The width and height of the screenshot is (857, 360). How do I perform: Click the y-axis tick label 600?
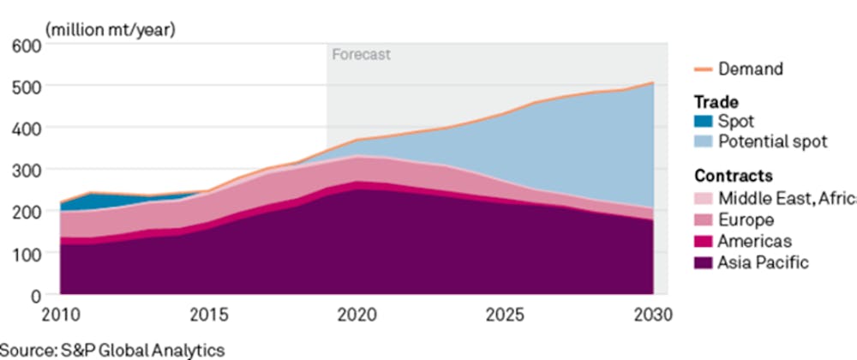(29, 44)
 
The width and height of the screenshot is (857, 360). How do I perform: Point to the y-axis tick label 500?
(29, 86)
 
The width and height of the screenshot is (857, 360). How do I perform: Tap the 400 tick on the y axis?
(29, 128)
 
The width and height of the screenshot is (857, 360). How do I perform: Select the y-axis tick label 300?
(29, 170)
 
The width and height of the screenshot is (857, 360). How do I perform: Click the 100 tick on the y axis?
(29, 254)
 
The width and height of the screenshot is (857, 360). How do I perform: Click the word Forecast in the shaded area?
(361, 54)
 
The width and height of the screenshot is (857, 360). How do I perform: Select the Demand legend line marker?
(702, 69)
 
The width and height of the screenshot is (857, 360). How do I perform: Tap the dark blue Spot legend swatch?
(701, 122)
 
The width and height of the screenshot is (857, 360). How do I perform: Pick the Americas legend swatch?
(701, 241)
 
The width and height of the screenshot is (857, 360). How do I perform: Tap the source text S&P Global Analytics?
(113, 349)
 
